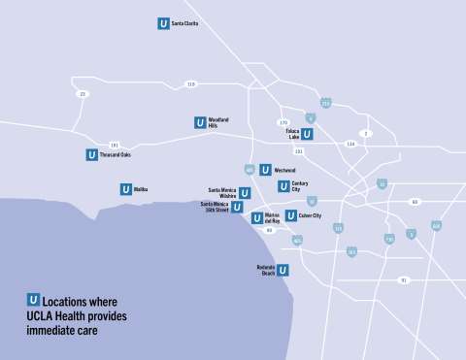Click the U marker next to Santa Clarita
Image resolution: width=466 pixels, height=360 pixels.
tap(163, 23)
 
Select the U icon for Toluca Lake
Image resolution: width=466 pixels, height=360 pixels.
tap(307, 135)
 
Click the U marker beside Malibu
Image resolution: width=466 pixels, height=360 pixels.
tap(125, 189)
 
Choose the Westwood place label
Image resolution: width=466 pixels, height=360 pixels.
tap(284, 170)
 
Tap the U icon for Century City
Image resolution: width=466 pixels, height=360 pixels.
tap(283, 186)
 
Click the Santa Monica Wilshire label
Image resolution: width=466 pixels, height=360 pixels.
tap(222, 192)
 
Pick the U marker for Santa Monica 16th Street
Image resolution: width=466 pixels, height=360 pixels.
tap(238, 206)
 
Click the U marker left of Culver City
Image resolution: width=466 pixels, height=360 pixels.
tap(290, 215)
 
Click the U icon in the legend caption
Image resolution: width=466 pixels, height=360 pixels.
tap(34, 301)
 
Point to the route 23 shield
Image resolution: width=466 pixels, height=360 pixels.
tap(83, 94)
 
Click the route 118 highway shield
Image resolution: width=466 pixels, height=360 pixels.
tap(190, 84)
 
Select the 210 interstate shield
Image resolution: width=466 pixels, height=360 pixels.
tap(325, 103)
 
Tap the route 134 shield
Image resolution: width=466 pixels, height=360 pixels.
tap(350, 144)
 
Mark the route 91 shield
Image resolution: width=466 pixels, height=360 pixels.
tap(403, 279)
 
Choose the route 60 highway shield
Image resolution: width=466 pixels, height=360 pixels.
tap(415, 202)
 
